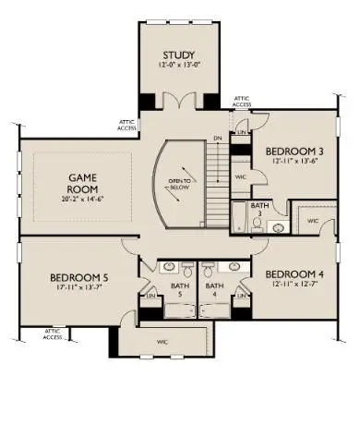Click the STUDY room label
coord(178,55)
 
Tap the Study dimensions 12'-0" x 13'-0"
coord(178,67)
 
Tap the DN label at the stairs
coord(218,139)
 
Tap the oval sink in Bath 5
coord(171,269)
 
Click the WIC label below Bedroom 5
coord(162,342)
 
